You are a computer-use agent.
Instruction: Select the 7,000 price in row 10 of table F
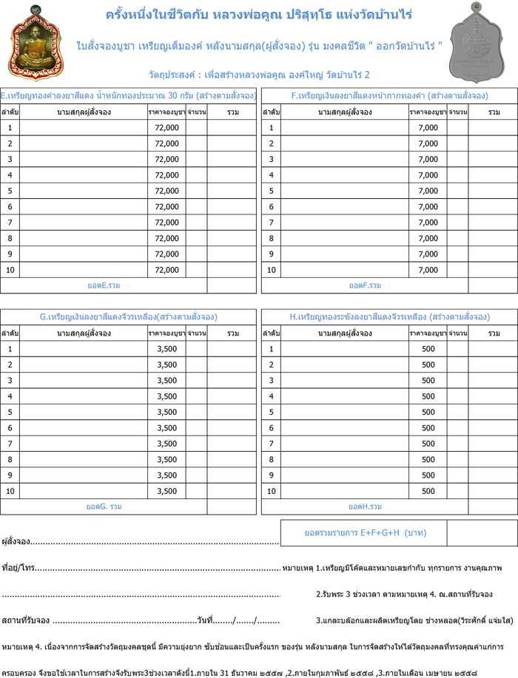[428, 270]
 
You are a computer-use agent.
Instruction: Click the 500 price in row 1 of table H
[428, 349]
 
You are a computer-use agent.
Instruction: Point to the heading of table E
[129, 96]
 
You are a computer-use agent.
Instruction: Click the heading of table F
[389, 96]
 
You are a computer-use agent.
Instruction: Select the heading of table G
[129, 316]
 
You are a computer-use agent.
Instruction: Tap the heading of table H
[389, 316]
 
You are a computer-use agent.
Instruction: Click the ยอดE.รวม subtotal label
[104, 285]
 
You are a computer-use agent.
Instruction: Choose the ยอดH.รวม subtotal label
[364, 506]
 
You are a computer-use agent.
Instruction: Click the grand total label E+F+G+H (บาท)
[365, 532]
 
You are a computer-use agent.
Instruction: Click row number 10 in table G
[10, 491]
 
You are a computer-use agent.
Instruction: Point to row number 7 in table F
[272, 223]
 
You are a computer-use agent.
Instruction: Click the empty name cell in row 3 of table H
[344, 381]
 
